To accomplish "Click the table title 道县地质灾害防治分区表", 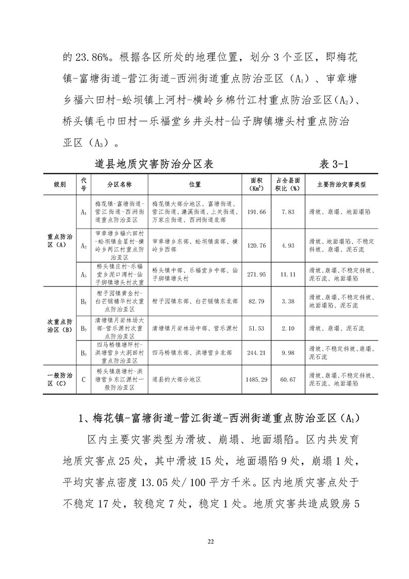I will point(154,164).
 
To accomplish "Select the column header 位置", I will point(195,184).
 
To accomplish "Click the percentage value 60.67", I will point(288,379).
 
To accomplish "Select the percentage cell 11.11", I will point(288,274).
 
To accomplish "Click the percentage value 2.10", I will point(288,328).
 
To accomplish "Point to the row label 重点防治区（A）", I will point(60,240).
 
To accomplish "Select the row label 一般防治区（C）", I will point(60,379).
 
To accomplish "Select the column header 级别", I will point(60,184).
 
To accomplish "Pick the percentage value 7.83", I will point(288,212).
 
